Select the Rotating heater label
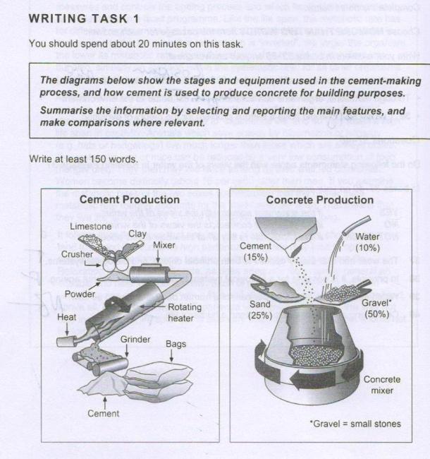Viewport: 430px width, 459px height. pyautogui.click(x=185, y=313)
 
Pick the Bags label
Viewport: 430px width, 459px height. pyautogui.click(x=176, y=344)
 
